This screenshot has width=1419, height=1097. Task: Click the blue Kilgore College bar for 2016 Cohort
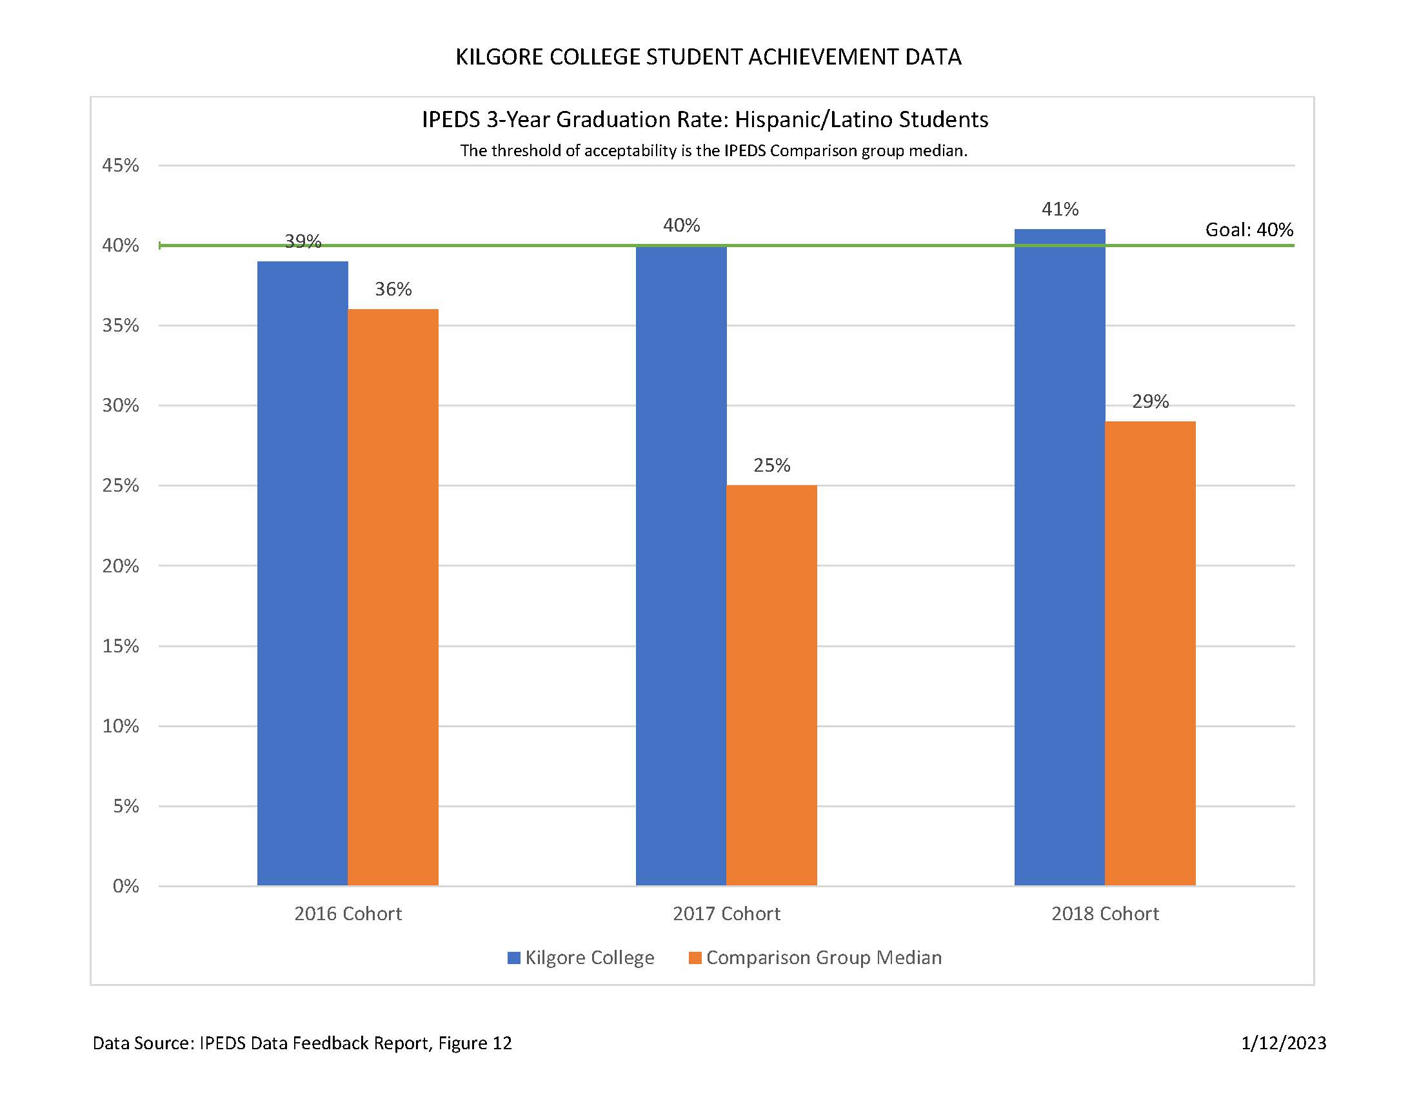[x=302, y=572]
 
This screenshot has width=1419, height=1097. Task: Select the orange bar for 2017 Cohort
[x=771, y=685]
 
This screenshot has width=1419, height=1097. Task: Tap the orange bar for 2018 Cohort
[x=1149, y=652]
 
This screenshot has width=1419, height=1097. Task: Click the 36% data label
[x=393, y=289]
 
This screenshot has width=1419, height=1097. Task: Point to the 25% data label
[x=771, y=465]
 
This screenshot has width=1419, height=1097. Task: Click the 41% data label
[x=1060, y=209]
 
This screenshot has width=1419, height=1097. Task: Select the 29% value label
[x=1150, y=401]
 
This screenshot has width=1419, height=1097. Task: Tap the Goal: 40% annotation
[x=1249, y=230]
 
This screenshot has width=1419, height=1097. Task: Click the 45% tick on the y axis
[x=121, y=166]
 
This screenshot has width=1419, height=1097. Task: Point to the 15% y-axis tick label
[x=121, y=646]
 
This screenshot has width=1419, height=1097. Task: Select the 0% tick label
[x=125, y=886]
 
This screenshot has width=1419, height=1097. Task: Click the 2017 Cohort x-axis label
[x=726, y=914]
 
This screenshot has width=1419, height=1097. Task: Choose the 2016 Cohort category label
[x=348, y=914]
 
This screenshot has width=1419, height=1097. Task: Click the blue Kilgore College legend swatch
[x=513, y=958]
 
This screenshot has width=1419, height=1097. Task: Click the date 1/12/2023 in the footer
[x=1283, y=1043]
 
